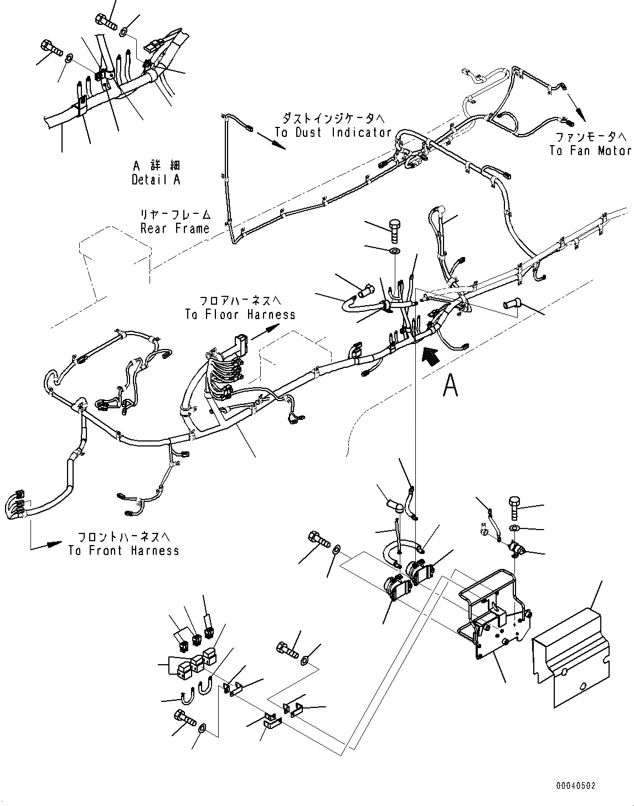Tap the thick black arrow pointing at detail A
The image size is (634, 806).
point(431,354)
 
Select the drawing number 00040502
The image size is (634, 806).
point(576,785)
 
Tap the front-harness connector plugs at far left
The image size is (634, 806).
point(18,503)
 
